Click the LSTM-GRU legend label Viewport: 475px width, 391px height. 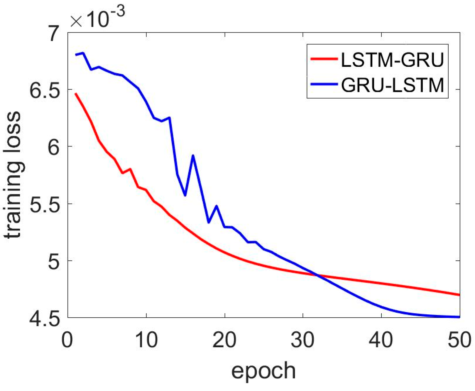(x=393, y=60)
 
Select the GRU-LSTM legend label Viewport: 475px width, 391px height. (x=393, y=85)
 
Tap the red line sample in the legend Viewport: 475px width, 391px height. (x=324, y=59)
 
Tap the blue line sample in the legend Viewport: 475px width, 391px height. (x=324, y=85)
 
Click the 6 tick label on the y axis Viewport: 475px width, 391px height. (x=54, y=147)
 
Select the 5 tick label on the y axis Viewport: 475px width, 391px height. (x=54, y=261)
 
